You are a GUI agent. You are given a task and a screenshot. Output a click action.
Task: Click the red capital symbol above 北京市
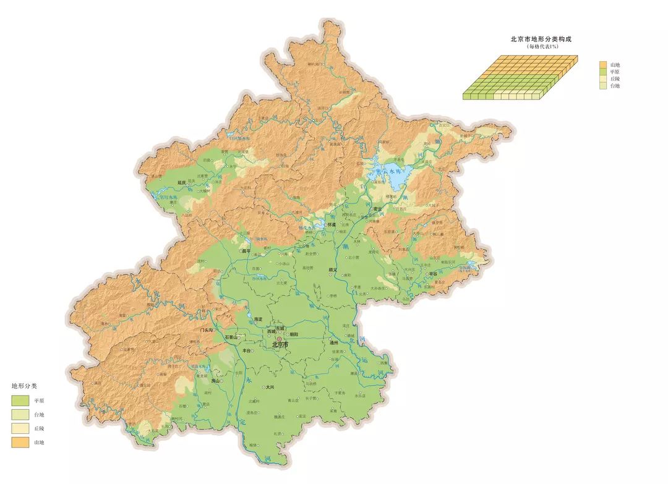[x=279, y=339]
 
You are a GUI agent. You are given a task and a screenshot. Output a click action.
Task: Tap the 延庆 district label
[x=181, y=183]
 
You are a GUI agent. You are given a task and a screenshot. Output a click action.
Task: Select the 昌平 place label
[x=247, y=252]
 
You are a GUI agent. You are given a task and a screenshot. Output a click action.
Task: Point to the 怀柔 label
[x=332, y=225]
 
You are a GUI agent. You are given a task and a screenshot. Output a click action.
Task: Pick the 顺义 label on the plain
[x=333, y=270]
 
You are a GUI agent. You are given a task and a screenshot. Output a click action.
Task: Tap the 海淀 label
[x=259, y=319]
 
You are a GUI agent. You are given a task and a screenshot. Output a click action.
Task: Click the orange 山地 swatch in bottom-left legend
[x=20, y=442]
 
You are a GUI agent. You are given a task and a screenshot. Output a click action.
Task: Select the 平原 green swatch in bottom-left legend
[x=20, y=401]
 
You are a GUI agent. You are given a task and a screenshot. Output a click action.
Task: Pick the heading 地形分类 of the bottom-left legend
[x=25, y=386]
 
